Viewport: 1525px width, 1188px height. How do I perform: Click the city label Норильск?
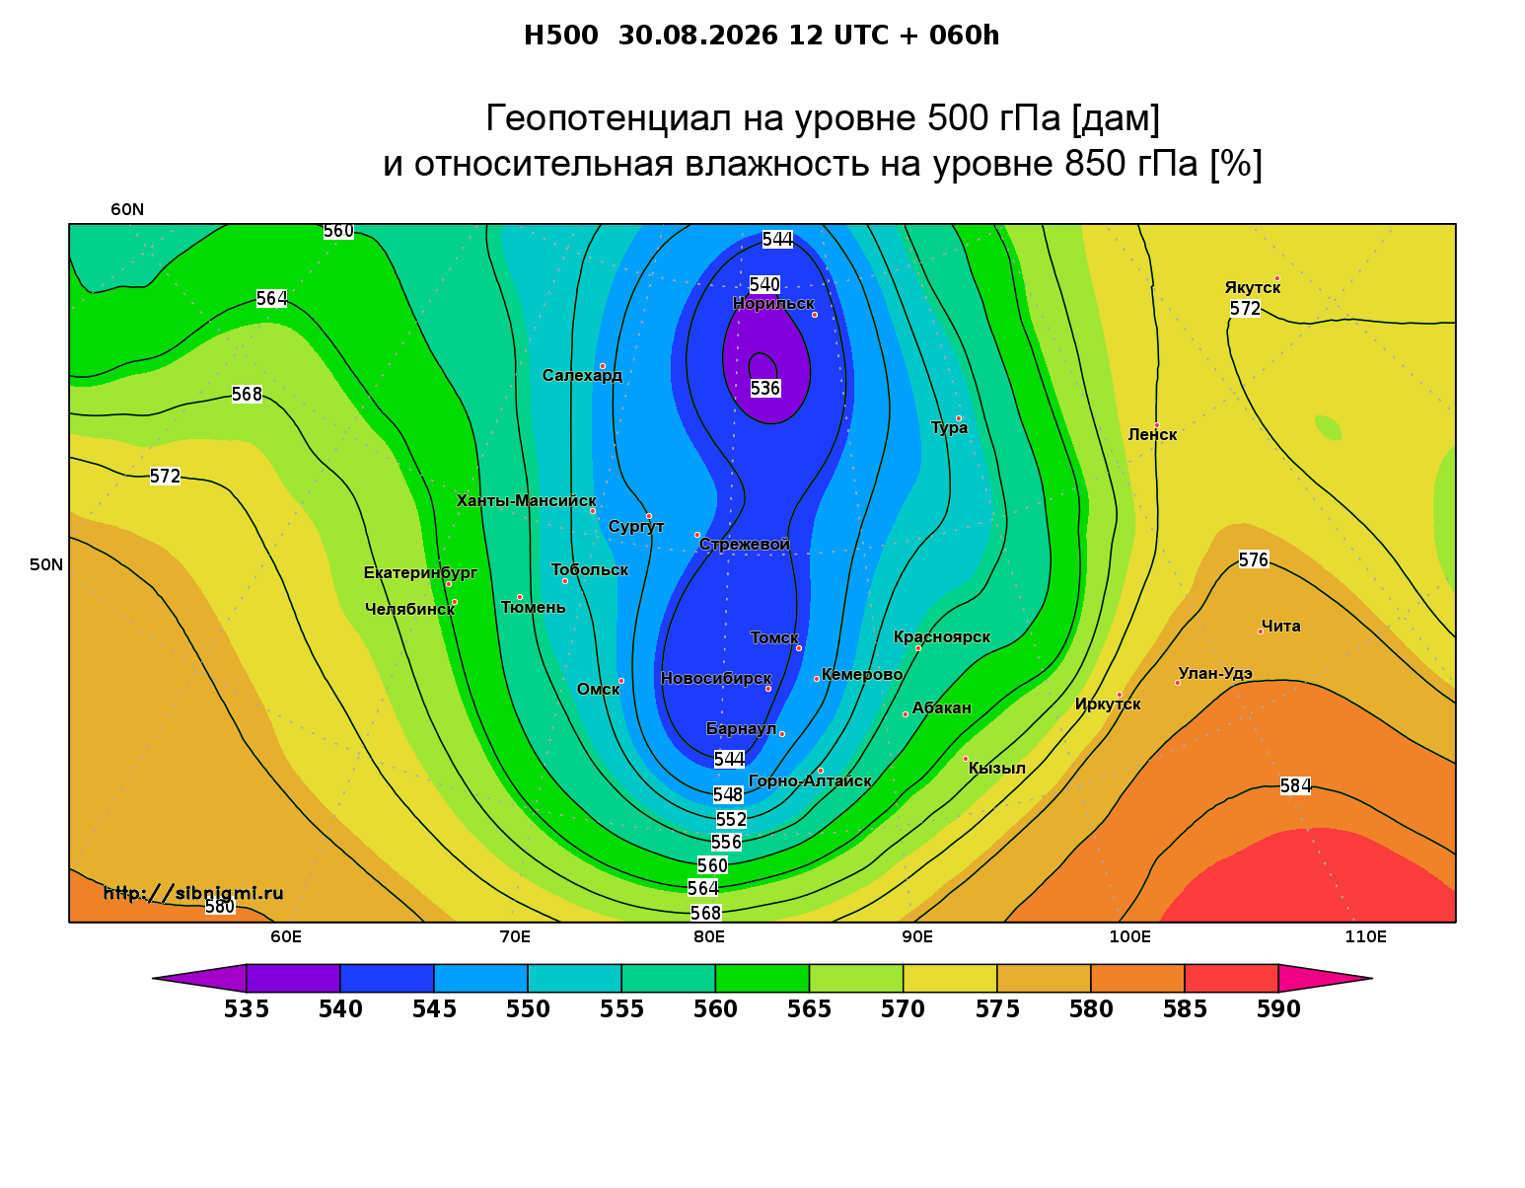click(772, 303)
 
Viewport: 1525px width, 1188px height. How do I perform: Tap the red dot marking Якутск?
click(1276, 278)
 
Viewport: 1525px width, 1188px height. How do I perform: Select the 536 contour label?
click(764, 388)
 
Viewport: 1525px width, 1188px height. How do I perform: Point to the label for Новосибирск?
click(716, 678)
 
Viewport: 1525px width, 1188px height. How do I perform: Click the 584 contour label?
click(1295, 785)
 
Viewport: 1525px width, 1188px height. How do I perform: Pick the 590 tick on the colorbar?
click(1278, 1009)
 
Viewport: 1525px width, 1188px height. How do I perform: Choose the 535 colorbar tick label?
click(247, 1009)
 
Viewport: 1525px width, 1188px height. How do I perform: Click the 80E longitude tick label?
click(709, 936)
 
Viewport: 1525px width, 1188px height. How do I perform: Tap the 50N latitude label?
click(46, 564)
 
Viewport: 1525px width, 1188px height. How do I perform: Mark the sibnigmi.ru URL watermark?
click(193, 893)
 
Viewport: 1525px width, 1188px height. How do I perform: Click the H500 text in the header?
click(560, 36)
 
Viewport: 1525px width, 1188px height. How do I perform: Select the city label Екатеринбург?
click(419, 572)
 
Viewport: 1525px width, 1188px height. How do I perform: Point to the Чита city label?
click(1280, 626)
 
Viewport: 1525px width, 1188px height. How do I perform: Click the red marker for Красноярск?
click(918, 648)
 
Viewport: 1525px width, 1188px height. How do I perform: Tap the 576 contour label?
click(1253, 559)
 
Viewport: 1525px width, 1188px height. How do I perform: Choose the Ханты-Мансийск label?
click(527, 500)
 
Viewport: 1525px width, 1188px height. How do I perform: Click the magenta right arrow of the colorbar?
click(1325, 978)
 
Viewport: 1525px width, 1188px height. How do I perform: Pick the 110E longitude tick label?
click(1365, 936)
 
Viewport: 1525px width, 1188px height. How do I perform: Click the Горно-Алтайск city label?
click(810, 780)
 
